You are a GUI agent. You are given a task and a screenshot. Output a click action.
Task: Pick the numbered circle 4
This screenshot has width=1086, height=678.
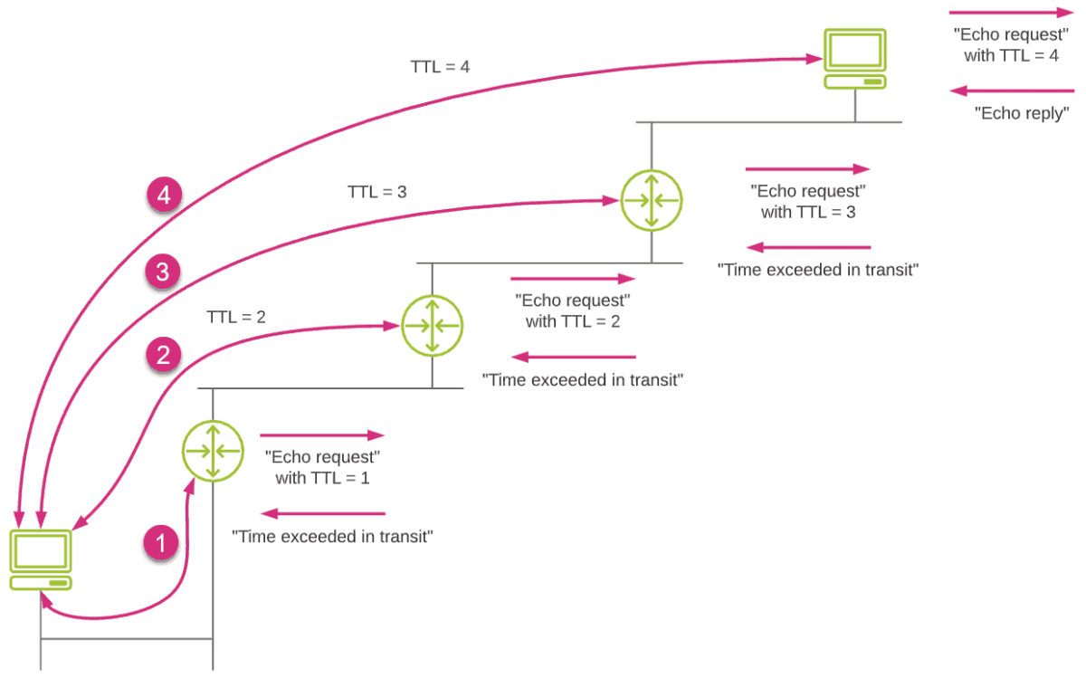[x=163, y=194]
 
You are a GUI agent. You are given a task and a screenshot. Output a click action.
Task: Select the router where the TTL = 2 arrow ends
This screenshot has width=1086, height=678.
[x=432, y=326]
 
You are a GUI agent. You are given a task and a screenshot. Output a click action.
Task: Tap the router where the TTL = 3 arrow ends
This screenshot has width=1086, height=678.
[x=651, y=199]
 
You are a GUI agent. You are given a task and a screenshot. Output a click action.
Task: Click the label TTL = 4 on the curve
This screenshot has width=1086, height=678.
[x=440, y=67]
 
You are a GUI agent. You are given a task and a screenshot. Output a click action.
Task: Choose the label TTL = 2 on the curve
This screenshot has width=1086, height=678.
[x=236, y=317]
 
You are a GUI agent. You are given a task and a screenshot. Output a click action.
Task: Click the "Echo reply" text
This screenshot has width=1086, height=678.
[x=1022, y=114]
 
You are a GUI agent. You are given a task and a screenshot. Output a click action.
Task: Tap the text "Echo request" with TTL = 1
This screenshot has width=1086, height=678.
[x=322, y=466]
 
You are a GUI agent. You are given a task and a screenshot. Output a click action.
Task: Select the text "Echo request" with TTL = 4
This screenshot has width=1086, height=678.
[x=1011, y=45]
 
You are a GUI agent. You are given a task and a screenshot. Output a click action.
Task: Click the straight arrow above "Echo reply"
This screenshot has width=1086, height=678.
[x=1011, y=91]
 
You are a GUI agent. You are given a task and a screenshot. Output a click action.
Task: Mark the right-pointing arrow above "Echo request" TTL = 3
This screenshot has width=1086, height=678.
[x=806, y=169]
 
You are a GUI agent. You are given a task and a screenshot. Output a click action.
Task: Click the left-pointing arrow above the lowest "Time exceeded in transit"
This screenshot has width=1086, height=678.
[x=323, y=513]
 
